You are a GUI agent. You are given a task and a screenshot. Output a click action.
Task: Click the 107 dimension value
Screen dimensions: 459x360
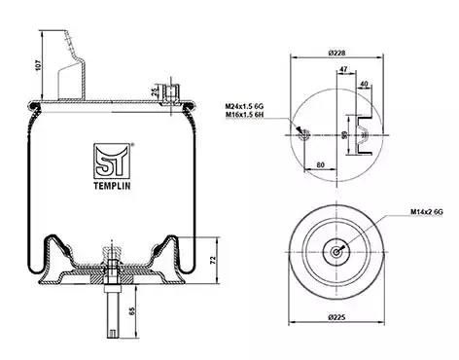click(38, 65)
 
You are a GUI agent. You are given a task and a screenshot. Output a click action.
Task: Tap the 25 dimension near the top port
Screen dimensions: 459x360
click(155, 91)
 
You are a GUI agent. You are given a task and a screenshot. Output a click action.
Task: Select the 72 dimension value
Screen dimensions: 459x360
click(213, 260)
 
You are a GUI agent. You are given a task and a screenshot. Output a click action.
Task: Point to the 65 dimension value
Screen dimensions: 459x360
click(131, 311)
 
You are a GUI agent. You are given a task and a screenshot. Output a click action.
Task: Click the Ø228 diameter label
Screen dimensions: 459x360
click(336, 53)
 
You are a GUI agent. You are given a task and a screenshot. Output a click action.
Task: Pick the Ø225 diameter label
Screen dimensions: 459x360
click(336, 317)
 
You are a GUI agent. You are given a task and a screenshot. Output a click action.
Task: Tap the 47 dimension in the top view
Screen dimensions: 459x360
click(343, 69)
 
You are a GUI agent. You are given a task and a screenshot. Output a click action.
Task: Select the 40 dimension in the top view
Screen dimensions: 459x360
click(364, 84)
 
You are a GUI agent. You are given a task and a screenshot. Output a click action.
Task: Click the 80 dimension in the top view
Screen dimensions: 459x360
click(320, 164)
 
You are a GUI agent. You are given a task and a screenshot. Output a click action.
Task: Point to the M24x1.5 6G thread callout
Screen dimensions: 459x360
click(244, 106)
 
